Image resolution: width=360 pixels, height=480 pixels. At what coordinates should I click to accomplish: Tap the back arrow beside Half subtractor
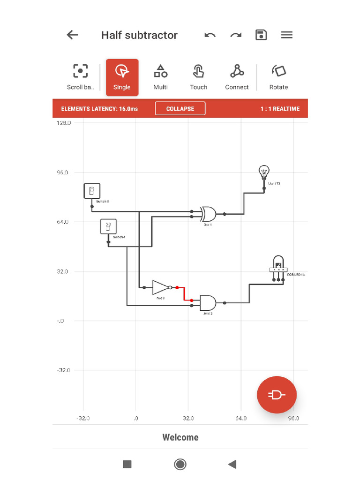point(72,35)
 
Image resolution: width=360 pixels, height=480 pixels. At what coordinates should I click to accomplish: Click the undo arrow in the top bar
point(210,35)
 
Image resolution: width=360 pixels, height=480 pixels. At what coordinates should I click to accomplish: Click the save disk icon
point(261,35)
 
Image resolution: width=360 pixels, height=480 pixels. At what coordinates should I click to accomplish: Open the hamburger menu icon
point(287,35)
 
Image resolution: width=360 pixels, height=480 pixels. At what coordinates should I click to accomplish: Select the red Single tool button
point(122,77)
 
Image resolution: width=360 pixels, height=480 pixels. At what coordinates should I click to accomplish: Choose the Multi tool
point(160,77)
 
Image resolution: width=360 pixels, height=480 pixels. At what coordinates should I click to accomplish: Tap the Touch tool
point(198,77)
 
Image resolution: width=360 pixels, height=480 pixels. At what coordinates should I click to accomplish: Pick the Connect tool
point(237,77)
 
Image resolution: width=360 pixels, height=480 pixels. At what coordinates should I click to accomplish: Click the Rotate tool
point(278,77)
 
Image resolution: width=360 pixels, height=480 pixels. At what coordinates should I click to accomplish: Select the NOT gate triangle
point(160,287)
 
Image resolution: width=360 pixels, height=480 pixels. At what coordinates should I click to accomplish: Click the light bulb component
point(264,173)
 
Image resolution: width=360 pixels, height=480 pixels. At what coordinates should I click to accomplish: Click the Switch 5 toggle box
point(92,191)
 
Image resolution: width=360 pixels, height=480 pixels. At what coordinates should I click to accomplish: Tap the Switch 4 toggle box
point(108,227)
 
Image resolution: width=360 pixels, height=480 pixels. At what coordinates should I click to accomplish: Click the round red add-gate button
point(277,395)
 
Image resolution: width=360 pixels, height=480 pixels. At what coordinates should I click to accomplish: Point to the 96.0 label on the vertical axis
point(63,172)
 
